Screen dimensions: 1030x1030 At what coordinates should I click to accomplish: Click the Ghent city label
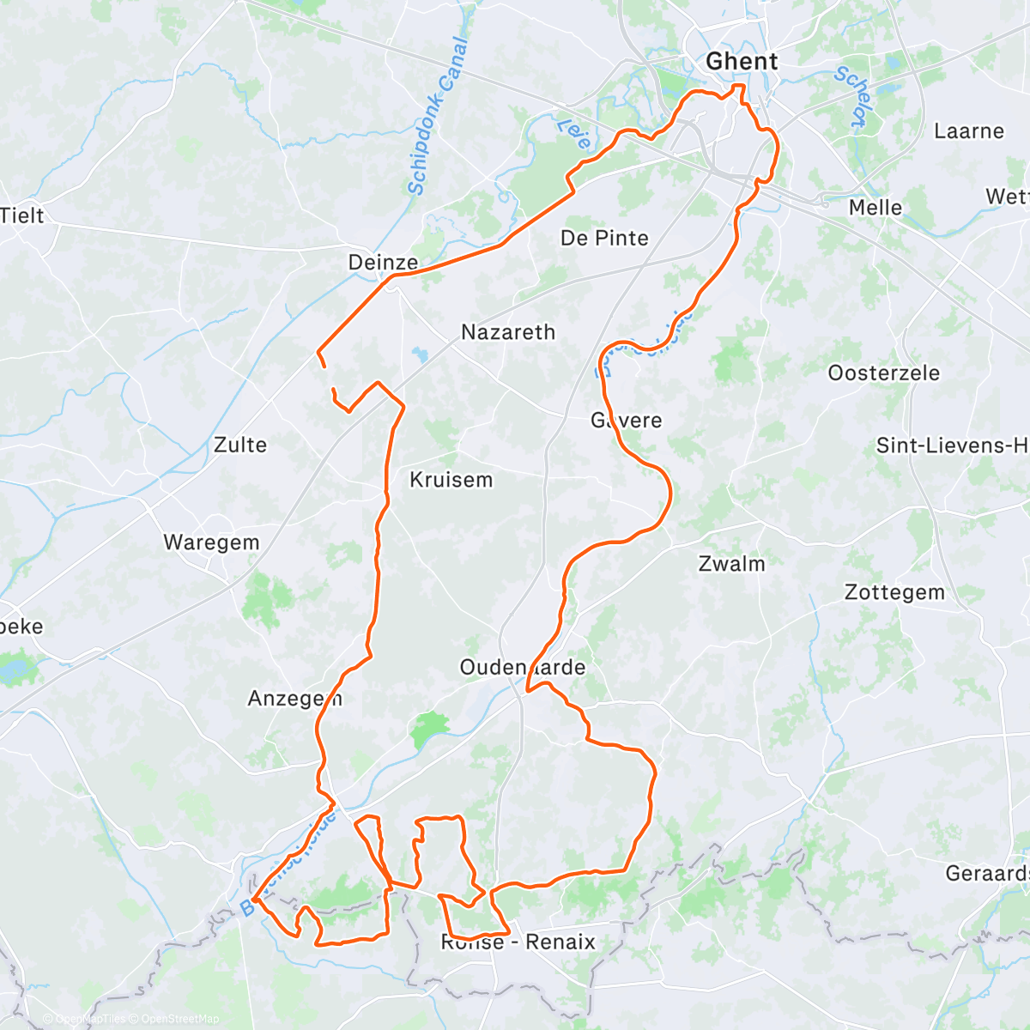coord(742,62)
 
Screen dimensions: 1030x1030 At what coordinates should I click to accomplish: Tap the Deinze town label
coord(383,263)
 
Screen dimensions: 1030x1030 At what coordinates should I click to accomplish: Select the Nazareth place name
coord(508,332)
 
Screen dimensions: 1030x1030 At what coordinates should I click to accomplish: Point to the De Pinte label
coord(604,238)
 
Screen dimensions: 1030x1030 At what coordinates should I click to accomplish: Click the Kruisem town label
coord(451,480)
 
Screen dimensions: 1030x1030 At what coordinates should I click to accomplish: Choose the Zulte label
coord(240,445)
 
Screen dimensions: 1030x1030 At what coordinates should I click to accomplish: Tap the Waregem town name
coord(211,542)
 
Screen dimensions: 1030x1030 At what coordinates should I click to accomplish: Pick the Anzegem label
coord(294,699)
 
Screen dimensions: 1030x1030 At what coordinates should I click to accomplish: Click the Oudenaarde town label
coord(522,667)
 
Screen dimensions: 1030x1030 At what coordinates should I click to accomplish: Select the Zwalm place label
coord(731,564)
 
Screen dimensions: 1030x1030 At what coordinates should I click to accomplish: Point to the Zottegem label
coord(894,592)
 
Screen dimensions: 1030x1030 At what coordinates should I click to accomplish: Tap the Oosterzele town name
coord(883,373)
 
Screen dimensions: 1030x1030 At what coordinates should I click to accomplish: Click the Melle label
coord(875,208)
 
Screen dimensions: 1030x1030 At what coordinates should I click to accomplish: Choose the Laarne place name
coord(968,131)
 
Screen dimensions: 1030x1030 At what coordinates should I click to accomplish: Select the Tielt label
coord(22,215)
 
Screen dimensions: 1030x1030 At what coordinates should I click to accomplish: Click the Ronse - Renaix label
coord(518,942)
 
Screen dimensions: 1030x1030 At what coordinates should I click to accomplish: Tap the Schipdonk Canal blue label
coord(438,117)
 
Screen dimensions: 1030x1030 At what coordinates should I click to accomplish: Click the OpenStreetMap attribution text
coord(179,1019)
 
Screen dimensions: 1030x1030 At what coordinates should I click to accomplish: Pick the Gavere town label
coord(626,421)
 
